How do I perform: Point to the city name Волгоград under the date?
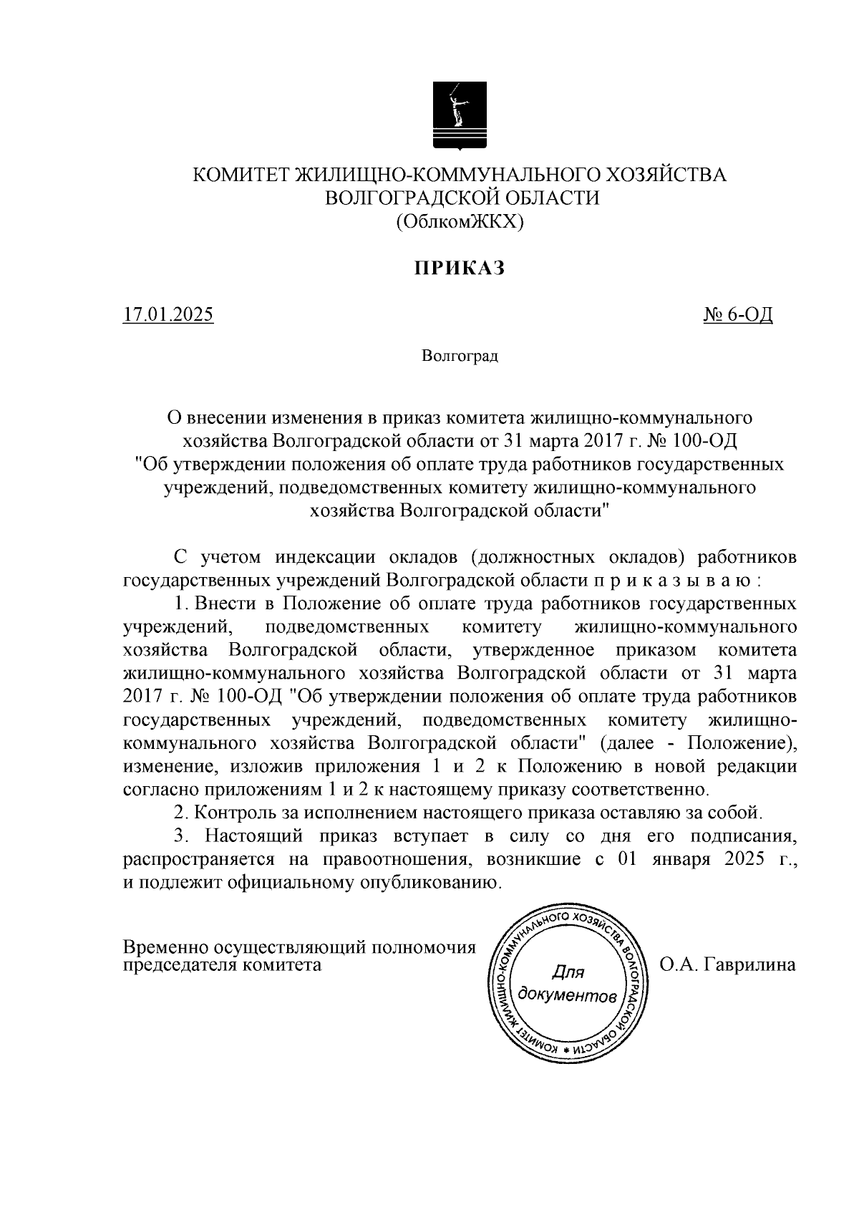[460, 356]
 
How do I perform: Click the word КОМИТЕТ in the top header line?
[241, 175]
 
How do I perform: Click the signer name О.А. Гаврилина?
[727, 964]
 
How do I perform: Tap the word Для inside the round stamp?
[569, 972]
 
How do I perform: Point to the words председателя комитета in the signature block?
[223, 964]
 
